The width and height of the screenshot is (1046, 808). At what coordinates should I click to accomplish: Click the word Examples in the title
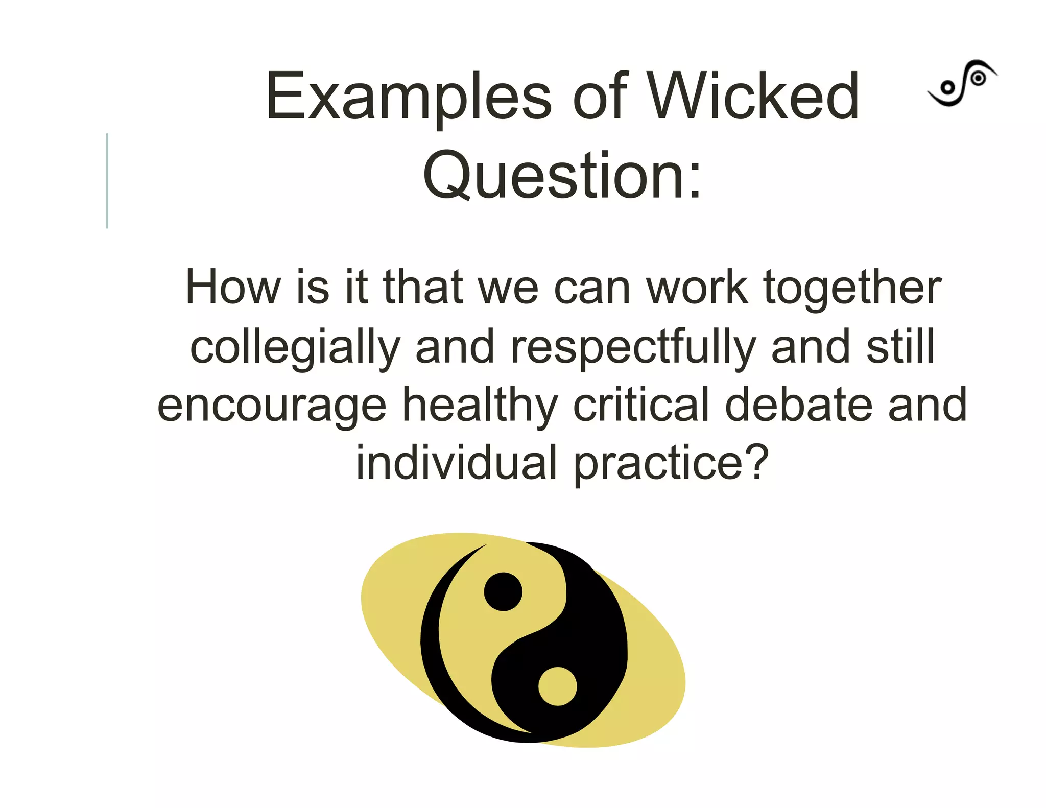[408, 97]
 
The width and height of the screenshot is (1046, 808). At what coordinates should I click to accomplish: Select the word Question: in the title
[562, 176]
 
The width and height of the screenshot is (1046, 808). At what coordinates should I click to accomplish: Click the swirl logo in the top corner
[962, 83]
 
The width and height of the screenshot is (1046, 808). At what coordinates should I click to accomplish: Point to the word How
[233, 287]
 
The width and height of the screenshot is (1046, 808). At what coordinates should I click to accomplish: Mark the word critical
[641, 405]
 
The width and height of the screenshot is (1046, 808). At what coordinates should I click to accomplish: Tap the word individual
[456, 462]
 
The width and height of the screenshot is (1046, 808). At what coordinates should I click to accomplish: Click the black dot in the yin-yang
[503, 591]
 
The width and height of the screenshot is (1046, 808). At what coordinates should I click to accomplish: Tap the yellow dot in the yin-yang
[557, 686]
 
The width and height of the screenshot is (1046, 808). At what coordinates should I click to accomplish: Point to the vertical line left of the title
[107, 181]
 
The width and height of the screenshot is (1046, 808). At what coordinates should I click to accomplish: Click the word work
[697, 287]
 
